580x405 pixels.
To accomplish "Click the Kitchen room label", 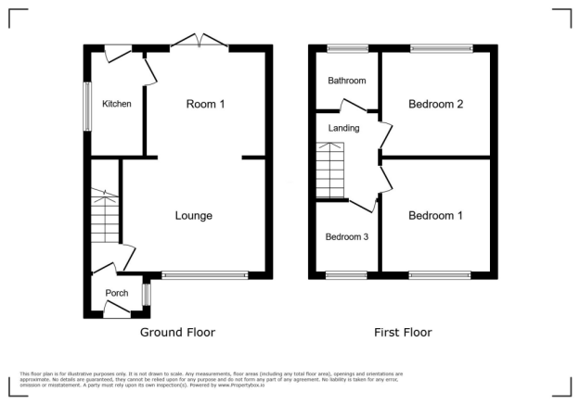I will click(117, 104).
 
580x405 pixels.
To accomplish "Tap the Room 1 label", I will click(205, 104).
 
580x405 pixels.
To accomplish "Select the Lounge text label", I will click(194, 216).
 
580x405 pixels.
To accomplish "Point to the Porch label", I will click(117, 294).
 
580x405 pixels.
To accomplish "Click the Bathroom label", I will click(347, 81).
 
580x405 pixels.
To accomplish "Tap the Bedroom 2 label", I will click(435, 104).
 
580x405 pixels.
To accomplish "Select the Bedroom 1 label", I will click(435, 216).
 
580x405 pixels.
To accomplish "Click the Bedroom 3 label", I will click(347, 237).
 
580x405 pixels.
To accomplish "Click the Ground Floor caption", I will click(177, 332).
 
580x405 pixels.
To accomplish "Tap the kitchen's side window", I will click(87, 107).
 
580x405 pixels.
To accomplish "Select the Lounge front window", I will click(204, 274).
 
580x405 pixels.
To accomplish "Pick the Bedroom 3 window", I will click(346, 274).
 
